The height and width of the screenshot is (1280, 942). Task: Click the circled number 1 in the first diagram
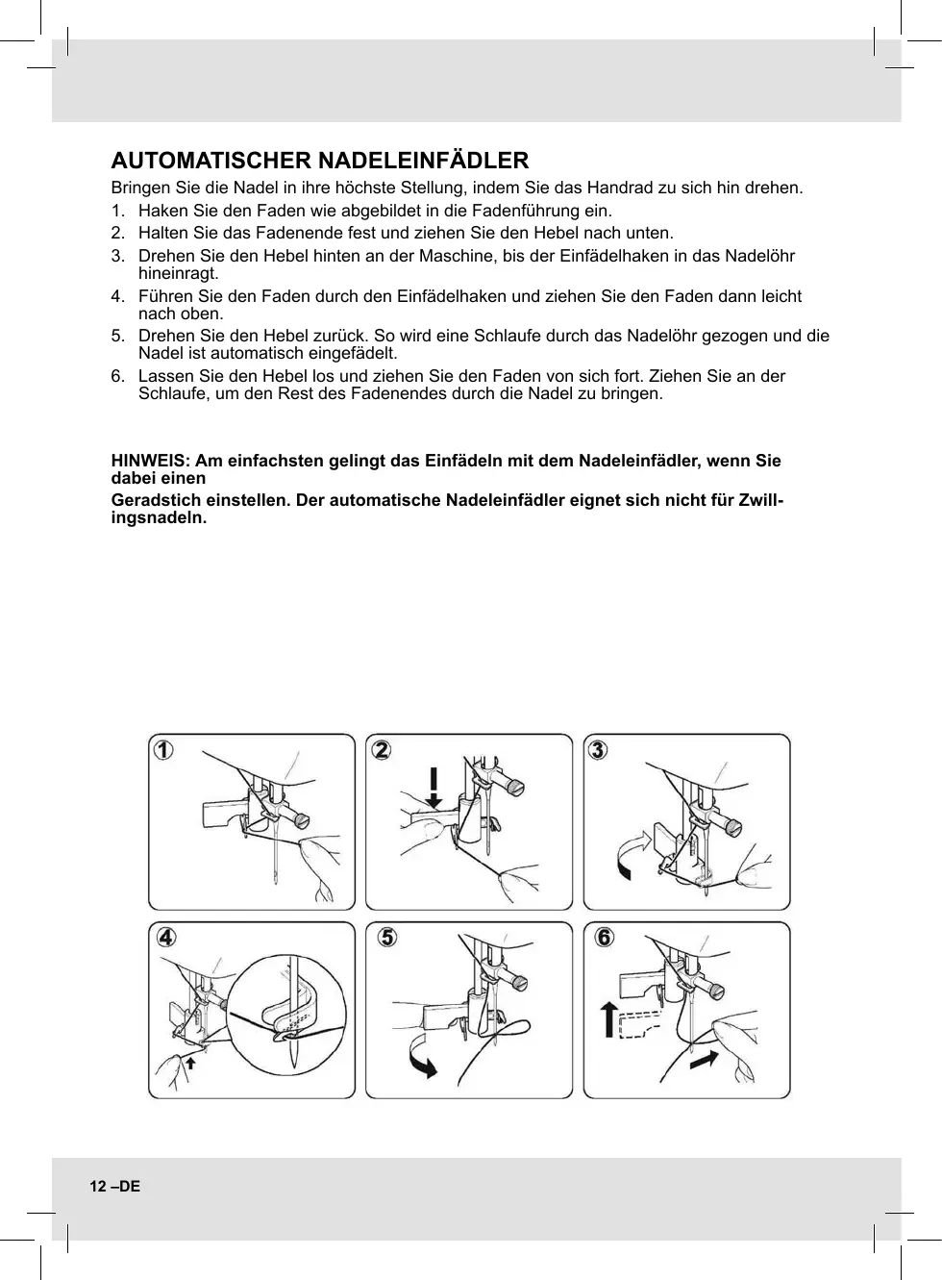165,750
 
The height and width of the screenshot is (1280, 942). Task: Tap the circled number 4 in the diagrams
166,937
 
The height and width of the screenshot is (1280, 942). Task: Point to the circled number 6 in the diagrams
604,937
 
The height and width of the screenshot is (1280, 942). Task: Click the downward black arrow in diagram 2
434,786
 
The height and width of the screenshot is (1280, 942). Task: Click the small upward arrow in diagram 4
191,1062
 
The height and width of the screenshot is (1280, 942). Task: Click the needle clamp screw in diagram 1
302,820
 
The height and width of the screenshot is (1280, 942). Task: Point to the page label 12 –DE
115,1187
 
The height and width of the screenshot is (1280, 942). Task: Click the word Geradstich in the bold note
154,501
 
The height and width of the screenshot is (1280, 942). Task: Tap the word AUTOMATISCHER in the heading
211,160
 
